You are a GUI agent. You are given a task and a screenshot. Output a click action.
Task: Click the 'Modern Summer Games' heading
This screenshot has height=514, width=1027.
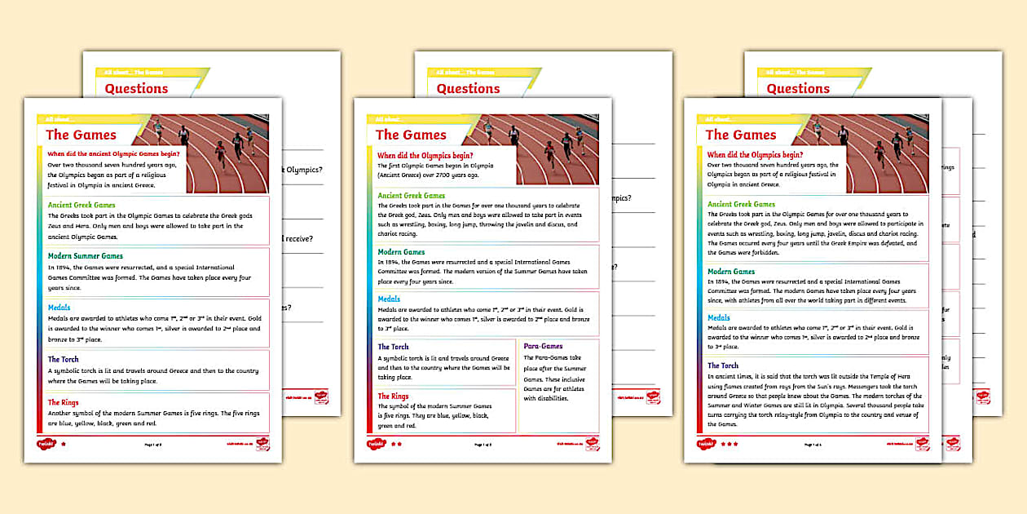pyautogui.click(x=86, y=256)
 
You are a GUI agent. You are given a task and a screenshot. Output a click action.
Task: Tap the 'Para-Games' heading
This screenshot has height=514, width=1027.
pyautogui.click(x=543, y=346)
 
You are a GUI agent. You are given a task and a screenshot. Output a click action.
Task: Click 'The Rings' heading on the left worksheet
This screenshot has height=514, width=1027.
pyautogui.click(x=63, y=402)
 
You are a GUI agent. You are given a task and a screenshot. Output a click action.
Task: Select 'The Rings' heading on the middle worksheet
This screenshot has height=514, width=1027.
pyautogui.click(x=393, y=397)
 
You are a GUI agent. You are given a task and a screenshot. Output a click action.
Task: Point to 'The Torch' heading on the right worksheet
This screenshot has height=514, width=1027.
pyautogui.click(x=723, y=366)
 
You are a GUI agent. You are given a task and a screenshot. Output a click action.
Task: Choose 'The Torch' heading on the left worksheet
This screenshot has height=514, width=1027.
pyautogui.click(x=63, y=359)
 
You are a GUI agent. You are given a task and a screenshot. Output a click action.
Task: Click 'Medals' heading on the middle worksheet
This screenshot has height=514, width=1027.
pyautogui.click(x=389, y=299)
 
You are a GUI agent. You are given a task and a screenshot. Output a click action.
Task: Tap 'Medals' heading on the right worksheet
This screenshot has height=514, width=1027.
pyautogui.click(x=719, y=318)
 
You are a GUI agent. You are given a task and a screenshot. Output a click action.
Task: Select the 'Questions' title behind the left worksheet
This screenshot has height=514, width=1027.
pyautogui.click(x=136, y=89)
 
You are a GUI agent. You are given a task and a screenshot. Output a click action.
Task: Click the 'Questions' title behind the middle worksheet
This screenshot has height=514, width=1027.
pyautogui.click(x=468, y=89)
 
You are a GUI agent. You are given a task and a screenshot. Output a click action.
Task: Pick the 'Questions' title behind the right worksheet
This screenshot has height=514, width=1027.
pyautogui.click(x=798, y=89)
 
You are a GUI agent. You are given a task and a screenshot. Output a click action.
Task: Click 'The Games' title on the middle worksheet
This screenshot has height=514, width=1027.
pyautogui.click(x=411, y=135)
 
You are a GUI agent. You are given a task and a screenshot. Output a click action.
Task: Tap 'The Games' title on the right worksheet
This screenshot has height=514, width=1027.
pyautogui.click(x=741, y=135)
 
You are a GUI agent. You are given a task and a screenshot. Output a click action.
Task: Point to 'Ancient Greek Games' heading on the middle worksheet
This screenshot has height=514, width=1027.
pyautogui.click(x=412, y=196)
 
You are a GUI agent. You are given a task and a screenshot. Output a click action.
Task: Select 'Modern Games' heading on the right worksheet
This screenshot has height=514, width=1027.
pyautogui.click(x=731, y=272)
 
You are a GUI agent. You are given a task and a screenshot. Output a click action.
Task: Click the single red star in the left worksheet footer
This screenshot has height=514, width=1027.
pyautogui.click(x=64, y=445)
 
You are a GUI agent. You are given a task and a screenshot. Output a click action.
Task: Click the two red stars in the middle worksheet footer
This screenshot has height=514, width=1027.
pyautogui.click(x=397, y=445)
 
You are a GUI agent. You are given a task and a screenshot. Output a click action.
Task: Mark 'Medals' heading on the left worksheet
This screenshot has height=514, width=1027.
pyautogui.click(x=59, y=308)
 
